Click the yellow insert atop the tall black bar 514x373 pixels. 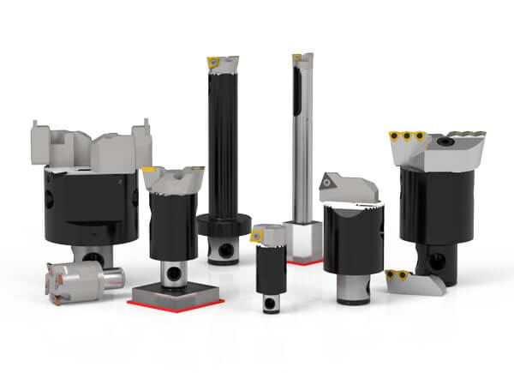209,61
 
